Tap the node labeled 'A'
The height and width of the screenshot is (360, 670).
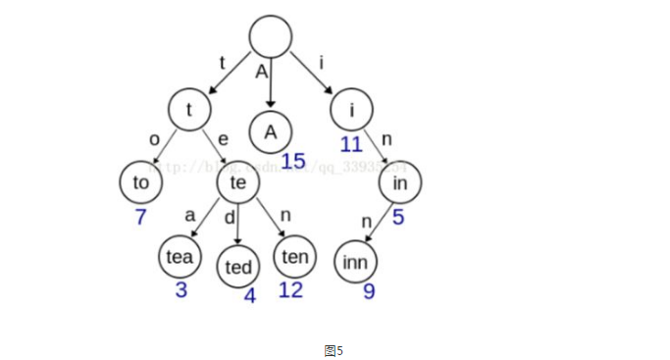tap(271, 131)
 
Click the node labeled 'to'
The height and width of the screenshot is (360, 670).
tap(140, 182)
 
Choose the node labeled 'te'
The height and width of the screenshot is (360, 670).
tap(237, 182)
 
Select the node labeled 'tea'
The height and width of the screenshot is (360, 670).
tap(180, 257)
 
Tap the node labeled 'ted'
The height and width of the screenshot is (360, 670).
tap(238, 267)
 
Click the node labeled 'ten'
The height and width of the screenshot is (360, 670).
tap(294, 257)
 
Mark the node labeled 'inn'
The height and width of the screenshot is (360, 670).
tap(355, 262)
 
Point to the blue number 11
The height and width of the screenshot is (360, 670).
tap(351, 145)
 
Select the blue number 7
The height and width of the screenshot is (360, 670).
tap(140, 217)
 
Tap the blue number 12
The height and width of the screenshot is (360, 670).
tap(291, 290)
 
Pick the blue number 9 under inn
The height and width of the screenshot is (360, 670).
tap(369, 291)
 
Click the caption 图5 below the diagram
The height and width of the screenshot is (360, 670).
tap(334, 349)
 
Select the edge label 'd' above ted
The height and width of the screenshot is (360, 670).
tap(229, 218)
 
